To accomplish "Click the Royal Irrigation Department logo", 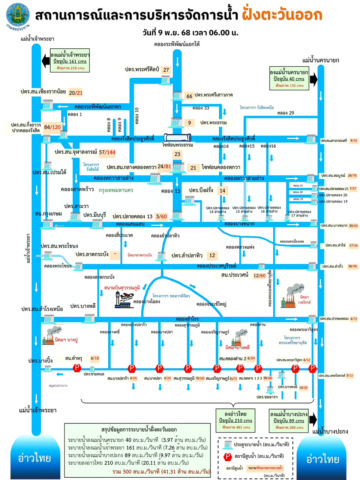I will [17, 16].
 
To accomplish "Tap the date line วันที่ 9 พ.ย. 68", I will [190, 33].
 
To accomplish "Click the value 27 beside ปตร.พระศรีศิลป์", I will [166, 70].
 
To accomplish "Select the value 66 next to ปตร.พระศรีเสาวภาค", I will [189, 96].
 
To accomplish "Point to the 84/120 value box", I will [52, 127].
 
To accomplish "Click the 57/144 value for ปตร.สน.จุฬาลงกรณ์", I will [107, 152].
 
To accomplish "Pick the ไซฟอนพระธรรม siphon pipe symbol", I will [177, 138].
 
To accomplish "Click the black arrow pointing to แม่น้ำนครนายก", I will [313, 79].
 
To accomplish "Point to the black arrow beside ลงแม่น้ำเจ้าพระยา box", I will [45, 61].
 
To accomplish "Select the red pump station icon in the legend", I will [227, 456].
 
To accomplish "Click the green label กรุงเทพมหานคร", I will [116, 190].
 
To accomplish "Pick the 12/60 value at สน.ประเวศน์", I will [259, 276].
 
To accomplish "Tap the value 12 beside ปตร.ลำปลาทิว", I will [212, 255].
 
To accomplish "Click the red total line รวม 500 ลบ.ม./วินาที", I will [161, 471].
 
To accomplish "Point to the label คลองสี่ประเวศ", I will [119, 235].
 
